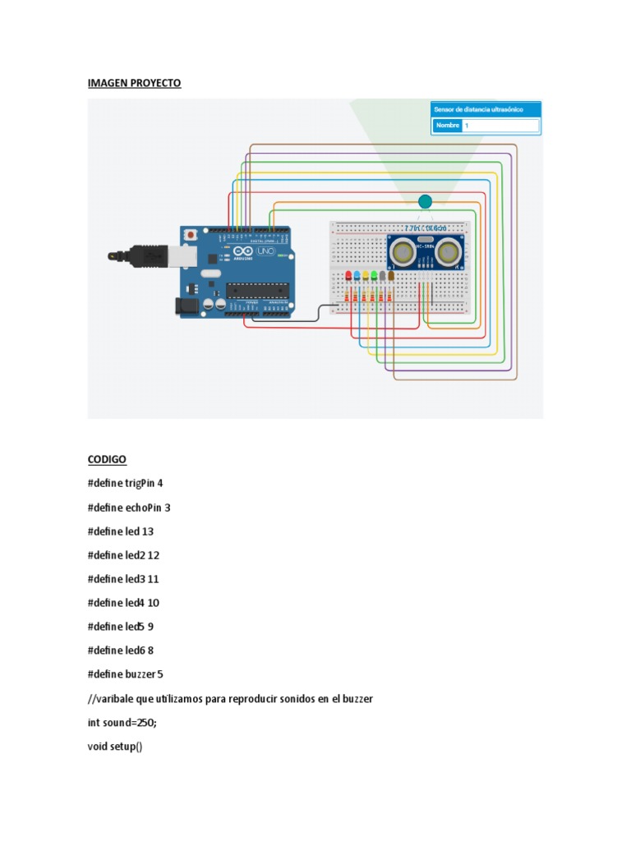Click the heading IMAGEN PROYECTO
pos(134,84)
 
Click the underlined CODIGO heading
pos(107,458)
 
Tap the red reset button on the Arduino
pos(191,235)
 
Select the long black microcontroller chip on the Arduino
pos(258,289)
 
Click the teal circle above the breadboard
pos(425,202)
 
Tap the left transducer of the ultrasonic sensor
pos(403,250)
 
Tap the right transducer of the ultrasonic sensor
pos(449,250)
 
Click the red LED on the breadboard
pos(348,276)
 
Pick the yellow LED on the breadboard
pos(366,276)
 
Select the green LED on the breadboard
pos(374,276)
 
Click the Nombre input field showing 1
pos(500,126)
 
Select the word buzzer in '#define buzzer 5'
pos(140,674)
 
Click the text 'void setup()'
pos(115,746)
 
